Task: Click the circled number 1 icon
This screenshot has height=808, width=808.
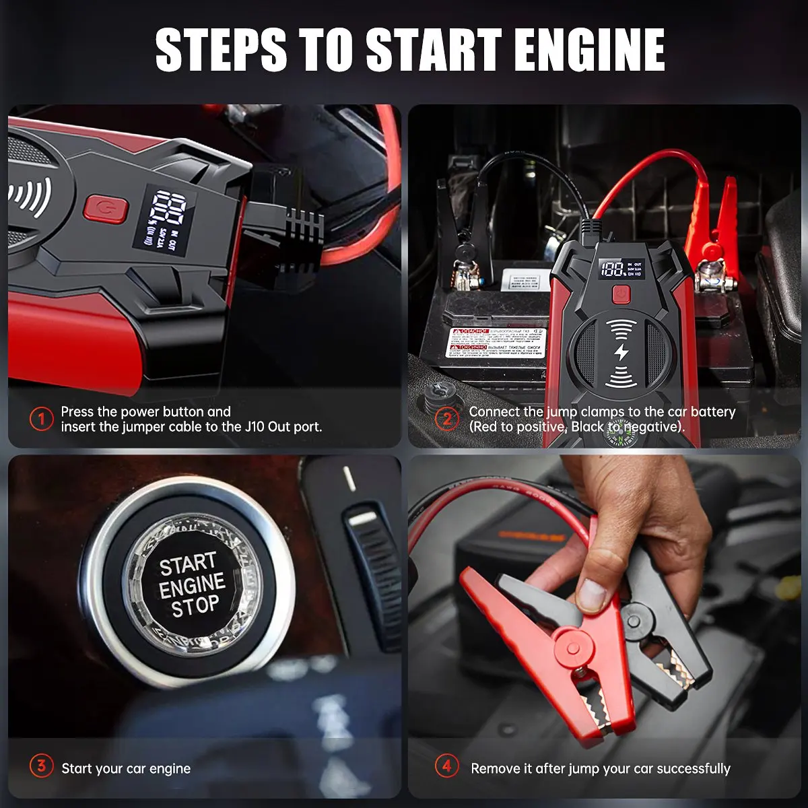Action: (x=41, y=419)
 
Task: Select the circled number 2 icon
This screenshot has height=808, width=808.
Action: (x=447, y=419)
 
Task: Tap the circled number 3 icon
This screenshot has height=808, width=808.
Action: (x=41, y=766)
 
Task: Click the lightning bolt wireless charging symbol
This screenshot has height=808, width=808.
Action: (x=621, y=353)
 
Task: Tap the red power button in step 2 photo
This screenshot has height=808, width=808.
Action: (x=619, y=294)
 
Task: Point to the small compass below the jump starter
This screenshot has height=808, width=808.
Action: (x=618, y=438)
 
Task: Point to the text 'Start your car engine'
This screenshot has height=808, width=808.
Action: (x=126, y=768)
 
